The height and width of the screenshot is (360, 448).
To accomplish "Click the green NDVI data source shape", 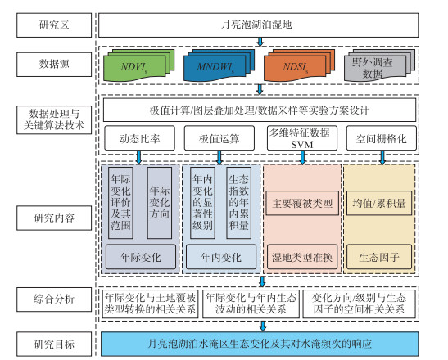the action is (139, 65).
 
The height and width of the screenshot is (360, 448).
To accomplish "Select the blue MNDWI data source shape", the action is (219, 65).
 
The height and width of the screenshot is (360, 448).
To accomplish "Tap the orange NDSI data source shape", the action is (299, 65).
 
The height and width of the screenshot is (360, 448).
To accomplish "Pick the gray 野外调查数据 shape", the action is (379, 65).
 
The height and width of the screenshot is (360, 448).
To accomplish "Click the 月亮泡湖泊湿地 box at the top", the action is (259, 25).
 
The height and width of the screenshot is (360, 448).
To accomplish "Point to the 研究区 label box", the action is (54, 25).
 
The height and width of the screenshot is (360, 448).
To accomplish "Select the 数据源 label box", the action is (54, 65).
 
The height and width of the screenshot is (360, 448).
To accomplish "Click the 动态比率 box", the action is (139, 138).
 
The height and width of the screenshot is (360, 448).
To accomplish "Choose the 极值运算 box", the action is (219, 138).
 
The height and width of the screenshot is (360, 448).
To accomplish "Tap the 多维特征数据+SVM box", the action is (302, 138).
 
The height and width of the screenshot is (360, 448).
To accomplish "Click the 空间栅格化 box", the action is (382, 138).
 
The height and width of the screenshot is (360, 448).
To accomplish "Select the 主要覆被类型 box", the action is (302, 203).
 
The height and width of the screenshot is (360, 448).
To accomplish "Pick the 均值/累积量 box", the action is (379, 203).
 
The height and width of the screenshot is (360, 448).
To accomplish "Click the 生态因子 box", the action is (379, 257).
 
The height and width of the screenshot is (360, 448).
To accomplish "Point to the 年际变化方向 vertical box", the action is (160, 203).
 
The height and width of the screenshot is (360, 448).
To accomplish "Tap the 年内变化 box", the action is (221, 257).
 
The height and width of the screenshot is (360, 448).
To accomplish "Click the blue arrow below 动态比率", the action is (139, 157).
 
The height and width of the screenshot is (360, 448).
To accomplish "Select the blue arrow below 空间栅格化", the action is (382, 157).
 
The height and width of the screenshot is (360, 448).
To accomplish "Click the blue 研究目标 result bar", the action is (260, 344).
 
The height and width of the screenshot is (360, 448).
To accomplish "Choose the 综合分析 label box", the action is (54, 299).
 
